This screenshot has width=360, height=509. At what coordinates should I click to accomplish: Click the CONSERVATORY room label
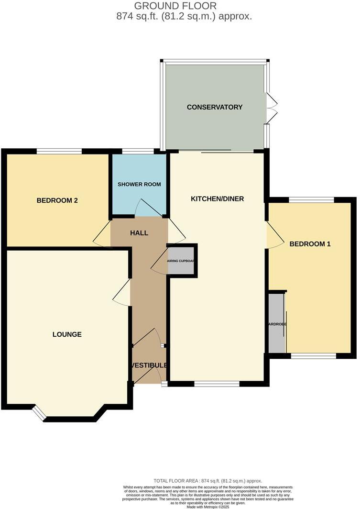tap(215, 107)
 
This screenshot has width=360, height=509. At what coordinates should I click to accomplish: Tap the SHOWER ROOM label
tap(139, 184)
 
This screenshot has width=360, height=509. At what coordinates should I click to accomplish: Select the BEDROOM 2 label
tap(57, 200)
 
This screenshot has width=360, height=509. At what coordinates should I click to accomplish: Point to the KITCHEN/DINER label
tap(217, 199)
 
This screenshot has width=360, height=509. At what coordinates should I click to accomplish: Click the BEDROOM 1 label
tap(310, 244)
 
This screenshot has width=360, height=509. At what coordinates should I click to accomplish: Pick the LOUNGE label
tap(67, 334)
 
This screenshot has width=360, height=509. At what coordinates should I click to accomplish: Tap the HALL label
tap(139, 233)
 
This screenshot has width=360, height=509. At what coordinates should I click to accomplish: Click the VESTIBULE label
tap(149, 365)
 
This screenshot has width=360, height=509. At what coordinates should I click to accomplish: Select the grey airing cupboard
tap(181, 261)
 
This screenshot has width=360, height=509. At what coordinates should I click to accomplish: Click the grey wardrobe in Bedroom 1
tap(276, 323)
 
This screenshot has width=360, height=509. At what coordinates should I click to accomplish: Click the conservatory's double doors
tap(272, 108)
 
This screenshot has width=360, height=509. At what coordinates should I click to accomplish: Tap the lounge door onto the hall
tap(122, 293)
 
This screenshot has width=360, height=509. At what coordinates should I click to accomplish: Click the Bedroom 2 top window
tap(59, 152)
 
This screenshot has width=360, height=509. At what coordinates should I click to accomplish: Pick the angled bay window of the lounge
tap(39, 413)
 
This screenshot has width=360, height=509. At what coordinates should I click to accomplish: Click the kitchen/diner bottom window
tap(217, 384)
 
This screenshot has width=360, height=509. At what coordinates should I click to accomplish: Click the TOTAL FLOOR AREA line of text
tap(207, 481)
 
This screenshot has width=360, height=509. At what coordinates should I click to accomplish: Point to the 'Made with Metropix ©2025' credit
tap(207, 507)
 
